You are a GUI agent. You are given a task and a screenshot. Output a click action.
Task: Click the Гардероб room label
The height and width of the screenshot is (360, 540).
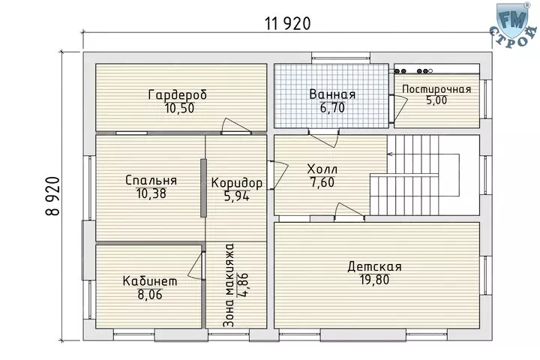tap(178, 94)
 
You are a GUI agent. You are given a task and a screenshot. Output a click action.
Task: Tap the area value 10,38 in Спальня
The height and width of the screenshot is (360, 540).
tap(151, 193)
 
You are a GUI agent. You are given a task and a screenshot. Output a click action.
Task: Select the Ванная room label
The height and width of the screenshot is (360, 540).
tap(332, 94)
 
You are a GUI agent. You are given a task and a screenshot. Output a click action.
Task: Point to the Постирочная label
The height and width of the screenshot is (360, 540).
tap(436, 89)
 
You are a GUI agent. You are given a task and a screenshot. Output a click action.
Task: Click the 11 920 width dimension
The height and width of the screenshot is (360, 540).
tap(287, 24)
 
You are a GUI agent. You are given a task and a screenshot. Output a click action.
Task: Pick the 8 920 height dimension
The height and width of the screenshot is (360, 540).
tap(52, 196)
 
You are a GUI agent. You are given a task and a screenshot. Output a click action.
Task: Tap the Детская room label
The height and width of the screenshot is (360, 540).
tap(374, 267)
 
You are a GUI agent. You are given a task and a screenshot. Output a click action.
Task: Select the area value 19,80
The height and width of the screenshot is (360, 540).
tap(375, 280)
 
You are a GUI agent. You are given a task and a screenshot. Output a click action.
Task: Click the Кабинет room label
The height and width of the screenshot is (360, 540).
tap(150, 281)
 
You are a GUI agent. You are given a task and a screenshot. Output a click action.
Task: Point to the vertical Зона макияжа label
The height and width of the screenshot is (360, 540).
tap(228, 285)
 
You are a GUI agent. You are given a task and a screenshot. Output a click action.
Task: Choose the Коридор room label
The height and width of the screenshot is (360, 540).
tap(236, 182)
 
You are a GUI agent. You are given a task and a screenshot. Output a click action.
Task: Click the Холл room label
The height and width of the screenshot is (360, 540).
tap(322, 169)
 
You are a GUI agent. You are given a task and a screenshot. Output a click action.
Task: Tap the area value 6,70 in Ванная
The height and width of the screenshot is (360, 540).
tap(332, 108)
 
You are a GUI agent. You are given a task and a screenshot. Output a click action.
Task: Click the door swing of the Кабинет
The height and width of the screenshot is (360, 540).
tap(196, 266)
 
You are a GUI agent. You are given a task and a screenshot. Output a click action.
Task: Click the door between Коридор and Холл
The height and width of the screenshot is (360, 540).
tap(277, 175)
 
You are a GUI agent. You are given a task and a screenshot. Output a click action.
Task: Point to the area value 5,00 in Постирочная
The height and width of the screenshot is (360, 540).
tap(436, 100)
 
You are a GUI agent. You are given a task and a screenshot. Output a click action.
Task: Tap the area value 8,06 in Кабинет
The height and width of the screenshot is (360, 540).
tap(150, 295)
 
